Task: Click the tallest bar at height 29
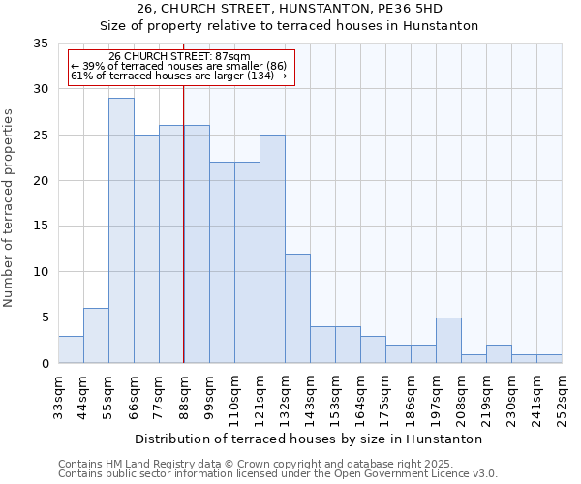pos(121,230)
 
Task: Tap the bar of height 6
pos(96,336)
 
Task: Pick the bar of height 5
pos(448,341)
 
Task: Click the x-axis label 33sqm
pos(59,395)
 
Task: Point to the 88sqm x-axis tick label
pos(185,395)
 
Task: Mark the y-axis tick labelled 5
pos(45,318)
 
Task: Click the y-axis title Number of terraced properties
pos(9,208)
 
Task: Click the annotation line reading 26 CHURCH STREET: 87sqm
pos(179,56)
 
